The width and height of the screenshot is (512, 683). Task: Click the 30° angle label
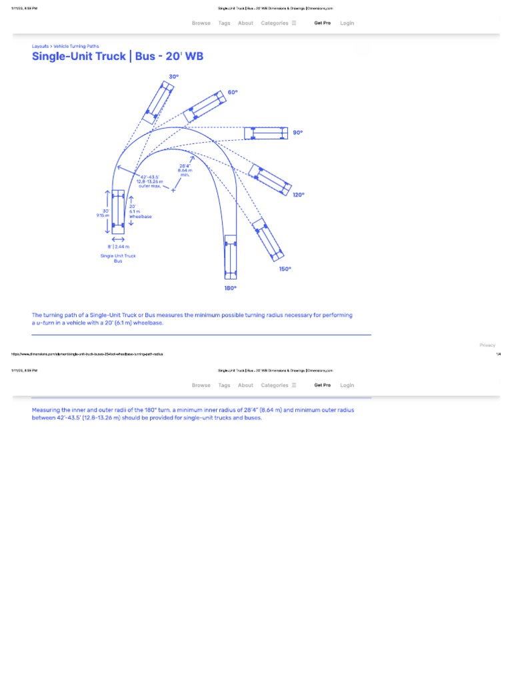173,77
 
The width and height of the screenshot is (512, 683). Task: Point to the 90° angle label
297,133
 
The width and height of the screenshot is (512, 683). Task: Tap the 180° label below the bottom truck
230,288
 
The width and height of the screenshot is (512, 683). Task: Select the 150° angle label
285,269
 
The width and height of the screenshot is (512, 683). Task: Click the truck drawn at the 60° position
205,106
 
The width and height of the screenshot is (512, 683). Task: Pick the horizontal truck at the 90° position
265,133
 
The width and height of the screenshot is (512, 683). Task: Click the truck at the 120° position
269,179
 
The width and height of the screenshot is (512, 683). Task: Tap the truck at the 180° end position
231,256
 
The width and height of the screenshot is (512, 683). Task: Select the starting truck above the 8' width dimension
118,211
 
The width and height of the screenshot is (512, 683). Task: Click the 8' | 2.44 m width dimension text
119,247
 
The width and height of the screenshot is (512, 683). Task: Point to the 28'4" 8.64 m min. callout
184,170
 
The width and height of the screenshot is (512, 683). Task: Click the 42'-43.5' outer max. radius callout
150,181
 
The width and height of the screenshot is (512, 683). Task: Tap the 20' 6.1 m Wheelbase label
140,211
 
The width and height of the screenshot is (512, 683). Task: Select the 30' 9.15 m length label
103,213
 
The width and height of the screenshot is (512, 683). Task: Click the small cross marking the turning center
173,191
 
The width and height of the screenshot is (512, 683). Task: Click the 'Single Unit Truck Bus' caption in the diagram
118,258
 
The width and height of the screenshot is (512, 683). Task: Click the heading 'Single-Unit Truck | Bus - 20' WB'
117,57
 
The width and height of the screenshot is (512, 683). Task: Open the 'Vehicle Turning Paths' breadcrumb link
76,46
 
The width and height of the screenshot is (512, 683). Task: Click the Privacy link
487,345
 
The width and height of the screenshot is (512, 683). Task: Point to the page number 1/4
498,354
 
